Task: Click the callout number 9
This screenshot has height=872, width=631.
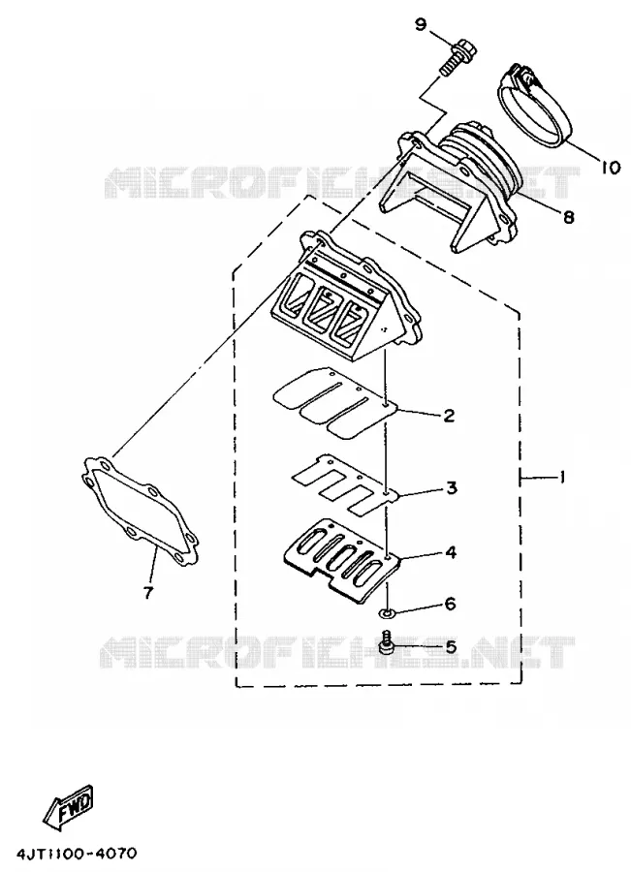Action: (421, 24)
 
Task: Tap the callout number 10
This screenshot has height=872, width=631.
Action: (611, 166)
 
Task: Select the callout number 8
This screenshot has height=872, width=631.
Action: (568, 216)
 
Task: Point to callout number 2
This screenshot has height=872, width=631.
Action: (449, 415)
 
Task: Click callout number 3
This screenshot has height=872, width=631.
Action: (451, 487)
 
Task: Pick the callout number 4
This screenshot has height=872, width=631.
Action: (451, 553)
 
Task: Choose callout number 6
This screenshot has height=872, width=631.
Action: (450, 604)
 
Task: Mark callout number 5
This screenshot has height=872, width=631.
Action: (450, 647)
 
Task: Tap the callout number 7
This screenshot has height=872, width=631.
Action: (147, 593)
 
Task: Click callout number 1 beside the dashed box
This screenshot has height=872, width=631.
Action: (562, 477)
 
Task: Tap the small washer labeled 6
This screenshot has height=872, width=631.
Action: (386, 613)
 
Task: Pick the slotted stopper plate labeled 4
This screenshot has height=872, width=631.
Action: (341, 559)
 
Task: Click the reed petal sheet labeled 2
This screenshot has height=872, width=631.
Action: (335, 400)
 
